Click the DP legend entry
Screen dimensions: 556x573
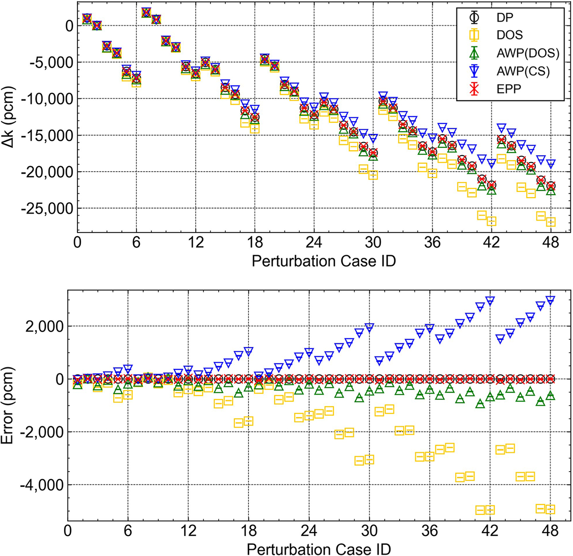coord(502,17)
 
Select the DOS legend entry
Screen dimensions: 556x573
coord(509,35)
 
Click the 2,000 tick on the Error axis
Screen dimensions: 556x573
coord(45,326)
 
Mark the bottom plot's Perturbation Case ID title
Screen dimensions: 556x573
coord(318,549)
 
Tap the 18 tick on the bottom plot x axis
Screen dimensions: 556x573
coord(248,531)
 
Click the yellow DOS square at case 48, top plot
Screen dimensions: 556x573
coord(551,222)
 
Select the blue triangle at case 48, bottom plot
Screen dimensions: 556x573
coord(550,300)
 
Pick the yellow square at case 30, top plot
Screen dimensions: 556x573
coord(373,175)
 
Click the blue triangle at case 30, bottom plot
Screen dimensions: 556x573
coord(369,327)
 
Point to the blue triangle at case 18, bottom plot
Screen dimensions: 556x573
coord(248,351)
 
